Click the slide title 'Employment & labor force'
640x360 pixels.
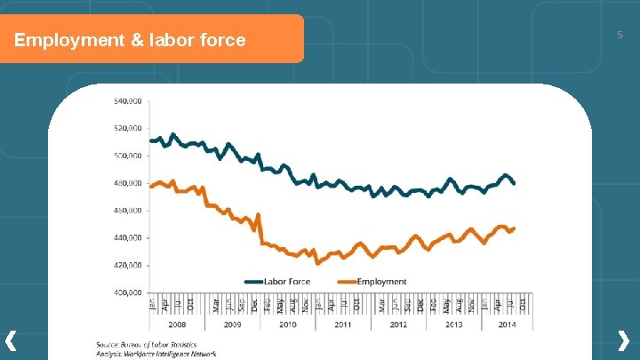[130, 40]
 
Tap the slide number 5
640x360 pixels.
[620, 35]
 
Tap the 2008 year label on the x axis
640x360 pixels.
[177, 325]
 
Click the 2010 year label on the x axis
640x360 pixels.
[287, 325]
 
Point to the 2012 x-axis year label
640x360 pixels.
[398, 325]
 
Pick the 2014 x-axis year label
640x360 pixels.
[507, 325]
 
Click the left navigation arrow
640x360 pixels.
[11, 340]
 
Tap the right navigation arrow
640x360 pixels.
[624, 340]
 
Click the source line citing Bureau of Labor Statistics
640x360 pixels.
[147, 344]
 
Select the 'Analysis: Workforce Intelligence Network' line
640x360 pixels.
[156, 354]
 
